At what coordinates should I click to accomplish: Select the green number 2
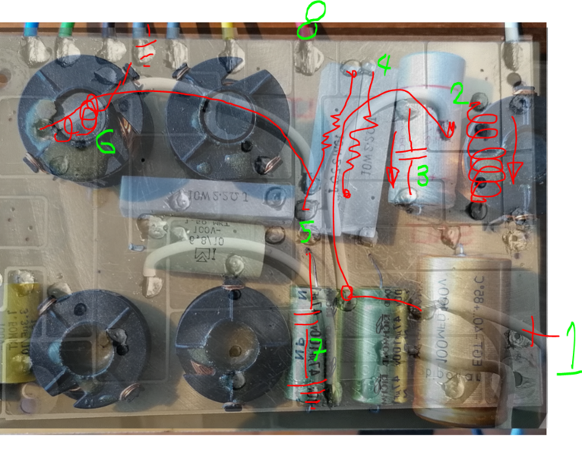coord(457,93)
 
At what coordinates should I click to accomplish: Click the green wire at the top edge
coord(64,30)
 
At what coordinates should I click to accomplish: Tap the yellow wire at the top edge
coord(226,30)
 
